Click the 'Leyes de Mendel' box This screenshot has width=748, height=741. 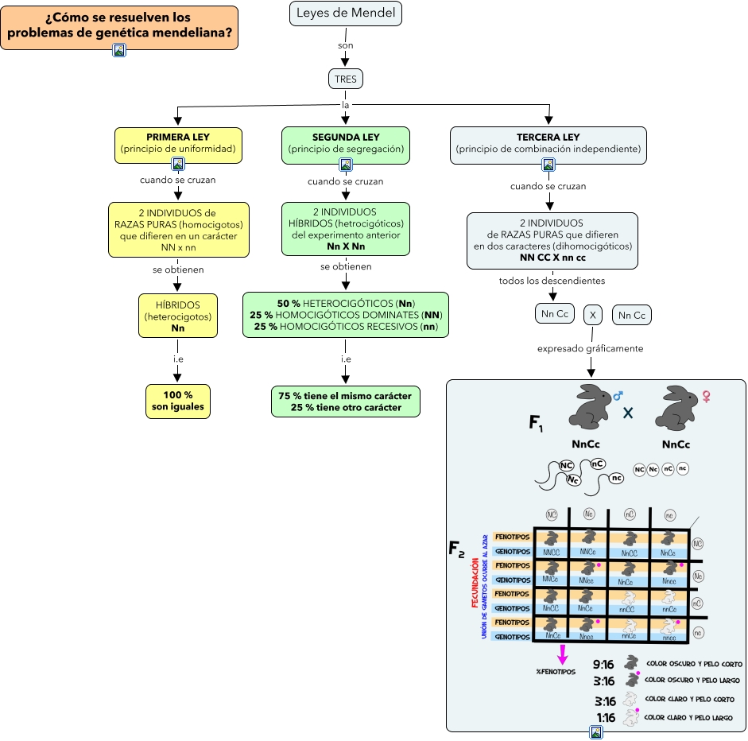(346, 14)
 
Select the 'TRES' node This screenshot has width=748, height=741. (346, 80)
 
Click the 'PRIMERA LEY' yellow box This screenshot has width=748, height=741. (178, 143)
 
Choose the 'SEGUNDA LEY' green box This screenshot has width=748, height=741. (346, 143)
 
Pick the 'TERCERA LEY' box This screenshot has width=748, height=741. (548, 143)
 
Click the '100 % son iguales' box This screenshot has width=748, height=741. (178, 401)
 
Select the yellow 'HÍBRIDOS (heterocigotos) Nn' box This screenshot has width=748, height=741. (178, 316)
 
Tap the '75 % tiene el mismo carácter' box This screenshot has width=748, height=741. (346, 402)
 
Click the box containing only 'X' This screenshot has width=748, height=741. (591, 315)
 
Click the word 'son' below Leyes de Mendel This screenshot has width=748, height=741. (346, 45)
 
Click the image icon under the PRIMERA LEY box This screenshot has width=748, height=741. (178, 165)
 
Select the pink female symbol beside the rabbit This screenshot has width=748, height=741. (704, 395)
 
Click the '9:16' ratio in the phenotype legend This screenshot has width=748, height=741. (604, 664)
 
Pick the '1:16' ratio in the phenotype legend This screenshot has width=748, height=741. (606, 717)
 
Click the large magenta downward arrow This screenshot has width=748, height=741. (563, 654)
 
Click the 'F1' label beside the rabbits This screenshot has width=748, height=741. (537, 423)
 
